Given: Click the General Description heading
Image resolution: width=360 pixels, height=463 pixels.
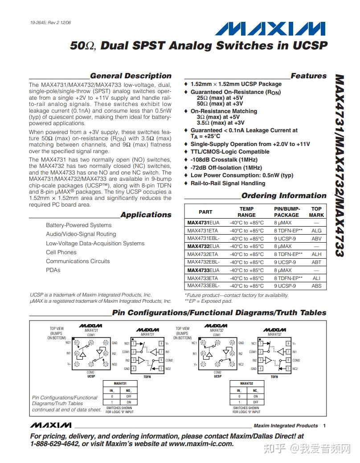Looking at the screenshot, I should pyautogui.click(x=131, y=76).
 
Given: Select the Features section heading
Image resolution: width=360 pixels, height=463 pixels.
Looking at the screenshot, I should pyautogui.click(x=308, y=76).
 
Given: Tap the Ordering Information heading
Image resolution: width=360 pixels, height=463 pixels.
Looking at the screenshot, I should pyautogui.click(x=284, y=196).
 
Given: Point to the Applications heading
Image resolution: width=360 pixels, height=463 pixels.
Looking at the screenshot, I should pyautogui.click(x=146, y=215).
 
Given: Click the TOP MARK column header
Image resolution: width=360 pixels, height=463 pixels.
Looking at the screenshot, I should pyautogui.click(x=316, y=212).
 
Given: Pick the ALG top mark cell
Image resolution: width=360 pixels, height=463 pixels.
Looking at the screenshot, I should pyautogui.click(x=316, y=231).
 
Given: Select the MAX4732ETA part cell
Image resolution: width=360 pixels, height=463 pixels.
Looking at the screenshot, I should pyautogui.click(x=203, y=254).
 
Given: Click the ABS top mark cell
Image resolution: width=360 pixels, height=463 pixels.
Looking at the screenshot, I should pyautogui.click(x=316, y=286).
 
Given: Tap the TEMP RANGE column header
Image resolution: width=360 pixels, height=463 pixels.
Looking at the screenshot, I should pyautogui.click(x=246, y=212).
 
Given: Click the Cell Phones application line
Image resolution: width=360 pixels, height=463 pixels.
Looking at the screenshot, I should pyautogui.click(x=61, y=252).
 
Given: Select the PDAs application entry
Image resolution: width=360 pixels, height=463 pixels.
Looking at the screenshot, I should pyautogui.click(x=53, y=270).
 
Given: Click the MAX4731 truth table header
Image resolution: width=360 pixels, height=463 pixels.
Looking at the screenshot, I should pyautogui.click(x=120, y=383).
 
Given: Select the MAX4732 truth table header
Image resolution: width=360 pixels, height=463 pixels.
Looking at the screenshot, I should pyautogui.click(x=246, y=383).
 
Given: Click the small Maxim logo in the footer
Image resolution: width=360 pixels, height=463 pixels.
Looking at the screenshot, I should pyautogui.click(x=51, y=425).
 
